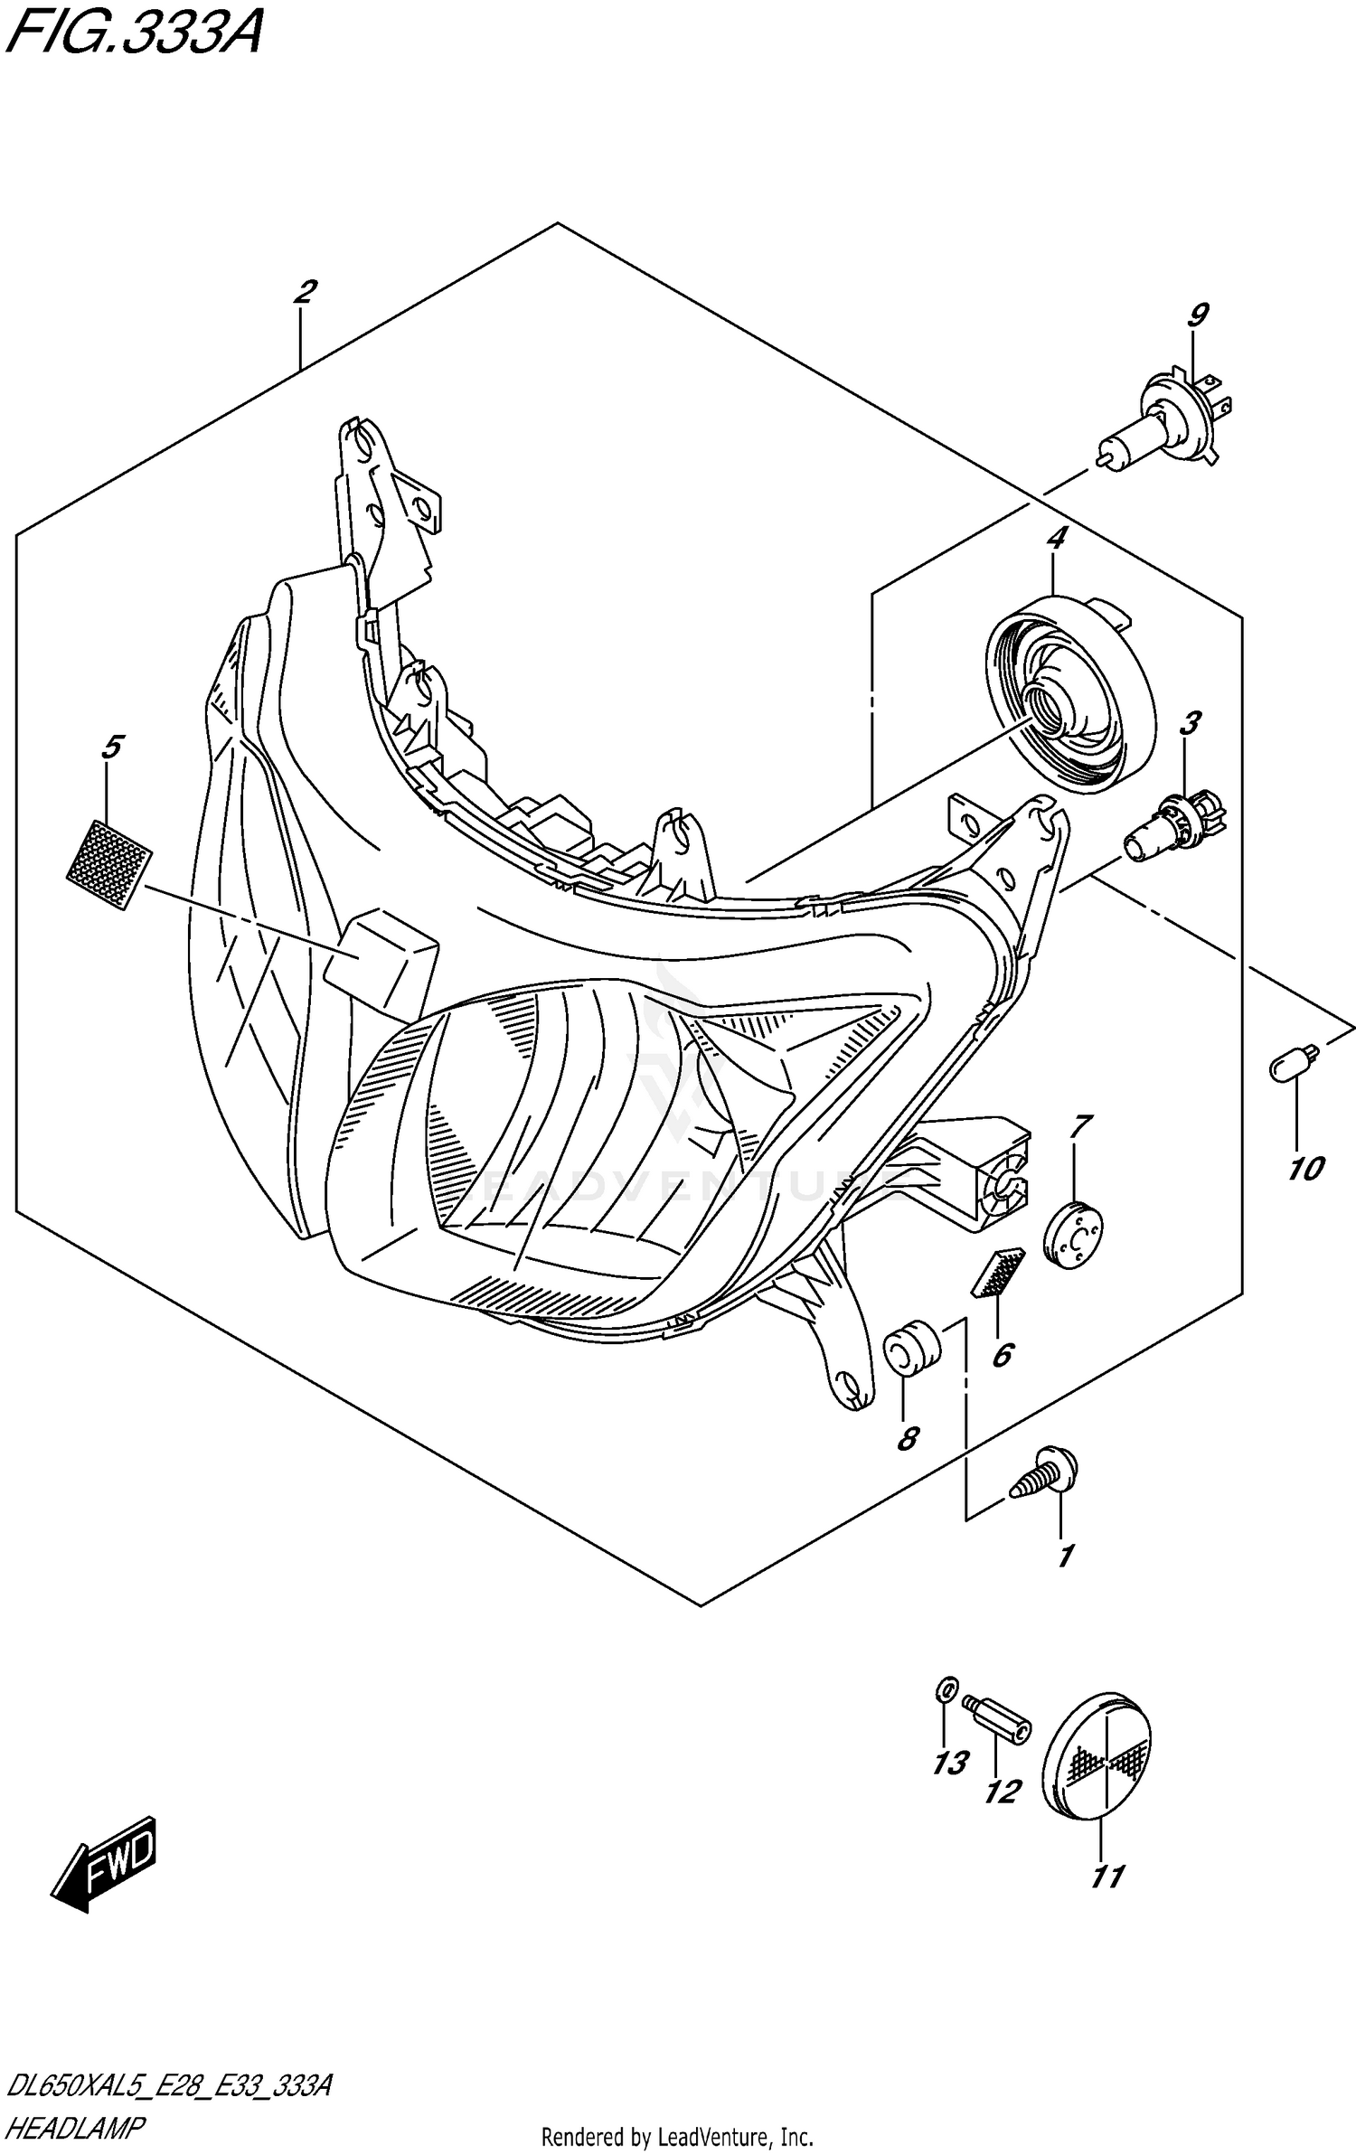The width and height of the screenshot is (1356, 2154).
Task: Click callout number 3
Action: click(x=1191, y=723)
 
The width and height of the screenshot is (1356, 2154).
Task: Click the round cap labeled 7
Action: click(x=1073, y=1235)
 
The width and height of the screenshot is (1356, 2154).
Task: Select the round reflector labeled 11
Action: click(x=1097, y=1757)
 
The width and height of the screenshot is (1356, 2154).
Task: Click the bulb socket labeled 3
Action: click(x=1175, y=823)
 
